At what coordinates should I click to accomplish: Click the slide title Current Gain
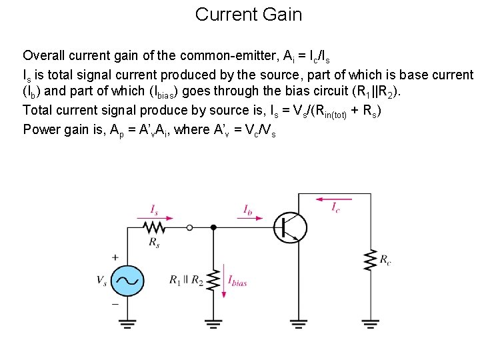pos(248,14)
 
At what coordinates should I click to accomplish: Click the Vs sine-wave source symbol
pos(126,281)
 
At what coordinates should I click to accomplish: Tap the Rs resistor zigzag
pos(155,227)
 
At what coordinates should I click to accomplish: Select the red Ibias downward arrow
pos(225,282)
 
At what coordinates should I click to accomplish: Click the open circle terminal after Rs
pos(190,227)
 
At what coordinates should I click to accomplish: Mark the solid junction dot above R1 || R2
pos(213,227)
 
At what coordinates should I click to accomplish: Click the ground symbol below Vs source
pos(126,325)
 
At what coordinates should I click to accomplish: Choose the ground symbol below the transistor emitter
pos(299,325)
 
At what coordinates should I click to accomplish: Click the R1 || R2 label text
pos(187,281)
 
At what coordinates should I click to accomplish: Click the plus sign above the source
pos(115,257)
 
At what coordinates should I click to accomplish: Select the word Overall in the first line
pos(44,55)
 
